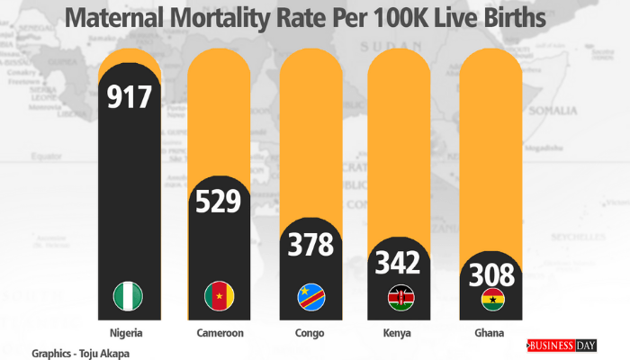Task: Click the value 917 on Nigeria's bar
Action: coord(130,97)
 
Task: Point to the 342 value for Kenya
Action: coord(399,264)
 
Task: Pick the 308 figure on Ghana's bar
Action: coord(490,274)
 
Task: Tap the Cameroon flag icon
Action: coord(219,295)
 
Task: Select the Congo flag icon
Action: coord(310,296)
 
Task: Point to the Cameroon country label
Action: coord(219,333)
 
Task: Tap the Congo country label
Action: coord(310,333)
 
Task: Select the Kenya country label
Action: coord(400,333)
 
